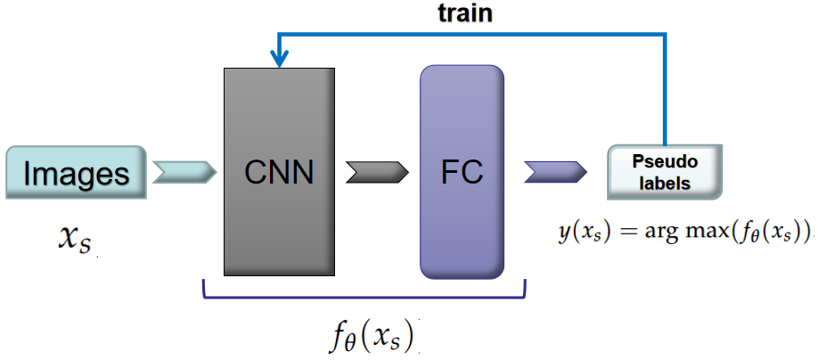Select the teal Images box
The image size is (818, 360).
[76, 172]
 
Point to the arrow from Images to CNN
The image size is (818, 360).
[184, 171]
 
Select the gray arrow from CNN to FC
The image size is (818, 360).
[375, 171]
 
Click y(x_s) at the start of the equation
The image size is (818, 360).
[580, 233]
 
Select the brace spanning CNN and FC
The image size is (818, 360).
[364, 291]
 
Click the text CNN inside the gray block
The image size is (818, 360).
[280, 172]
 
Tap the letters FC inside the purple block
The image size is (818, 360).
[462, 172]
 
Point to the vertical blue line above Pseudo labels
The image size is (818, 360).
[665, 89]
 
